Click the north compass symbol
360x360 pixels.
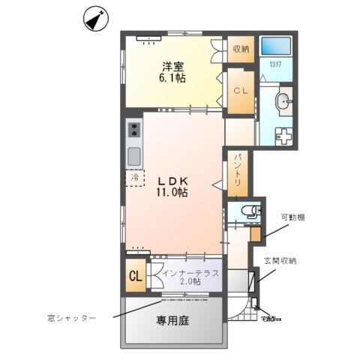click(94, 19)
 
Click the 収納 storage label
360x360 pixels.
click(240, 49)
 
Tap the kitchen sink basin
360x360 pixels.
click(133, 157)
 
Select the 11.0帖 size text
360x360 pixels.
click(172, 193)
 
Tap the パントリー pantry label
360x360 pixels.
click(238, 170)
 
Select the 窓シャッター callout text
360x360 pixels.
click(70, 318)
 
